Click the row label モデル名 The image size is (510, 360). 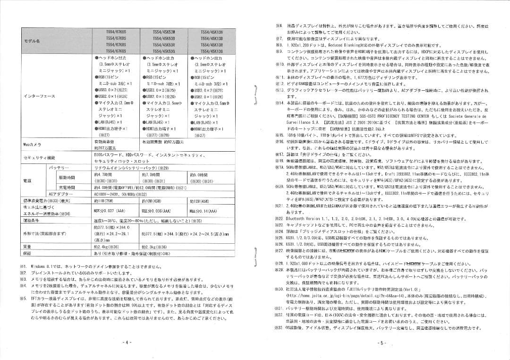click(32, 41)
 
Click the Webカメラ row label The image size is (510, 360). click(32, 144)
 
